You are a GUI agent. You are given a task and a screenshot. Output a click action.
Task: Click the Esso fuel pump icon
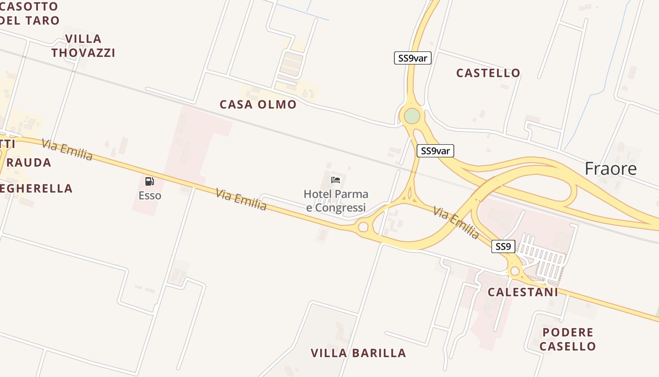pos(150,181)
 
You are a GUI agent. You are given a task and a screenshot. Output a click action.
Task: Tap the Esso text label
pos(150,196)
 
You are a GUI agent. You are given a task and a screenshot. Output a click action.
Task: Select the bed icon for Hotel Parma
pos(336,180)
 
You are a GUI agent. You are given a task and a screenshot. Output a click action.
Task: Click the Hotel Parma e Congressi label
pos(336,201)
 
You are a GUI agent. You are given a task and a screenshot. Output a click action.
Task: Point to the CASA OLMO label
pos(258,105)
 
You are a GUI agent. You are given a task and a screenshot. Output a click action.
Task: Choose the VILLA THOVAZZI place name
pos(83,46)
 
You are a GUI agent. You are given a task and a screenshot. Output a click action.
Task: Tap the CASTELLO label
pos(488,73)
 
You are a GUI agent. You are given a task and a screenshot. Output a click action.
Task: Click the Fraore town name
pos(611,169)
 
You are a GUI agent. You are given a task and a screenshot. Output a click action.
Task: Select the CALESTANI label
pos(522,292)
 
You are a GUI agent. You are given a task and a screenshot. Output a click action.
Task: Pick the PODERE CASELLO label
pos(568,339)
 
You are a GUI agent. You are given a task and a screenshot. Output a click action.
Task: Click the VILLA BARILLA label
pos(358,353)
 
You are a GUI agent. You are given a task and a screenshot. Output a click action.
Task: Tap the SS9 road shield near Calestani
pos(503,246)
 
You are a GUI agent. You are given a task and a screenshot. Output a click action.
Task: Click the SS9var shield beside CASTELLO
pos(412,58)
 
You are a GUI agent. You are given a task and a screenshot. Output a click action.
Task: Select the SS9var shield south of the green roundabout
pos(435,151)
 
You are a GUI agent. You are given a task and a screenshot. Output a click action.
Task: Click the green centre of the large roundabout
pos(412,116)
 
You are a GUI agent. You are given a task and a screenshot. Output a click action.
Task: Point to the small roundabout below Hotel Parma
pos(363,227)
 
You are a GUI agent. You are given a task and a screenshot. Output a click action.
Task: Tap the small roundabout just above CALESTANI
pos(514,271)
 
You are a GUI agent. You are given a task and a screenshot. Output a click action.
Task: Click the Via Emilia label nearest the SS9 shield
pos(456,222)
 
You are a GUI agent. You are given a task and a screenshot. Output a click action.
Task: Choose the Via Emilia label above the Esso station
pos(67,149)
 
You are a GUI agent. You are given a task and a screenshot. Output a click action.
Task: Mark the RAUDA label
pos(29,163)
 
